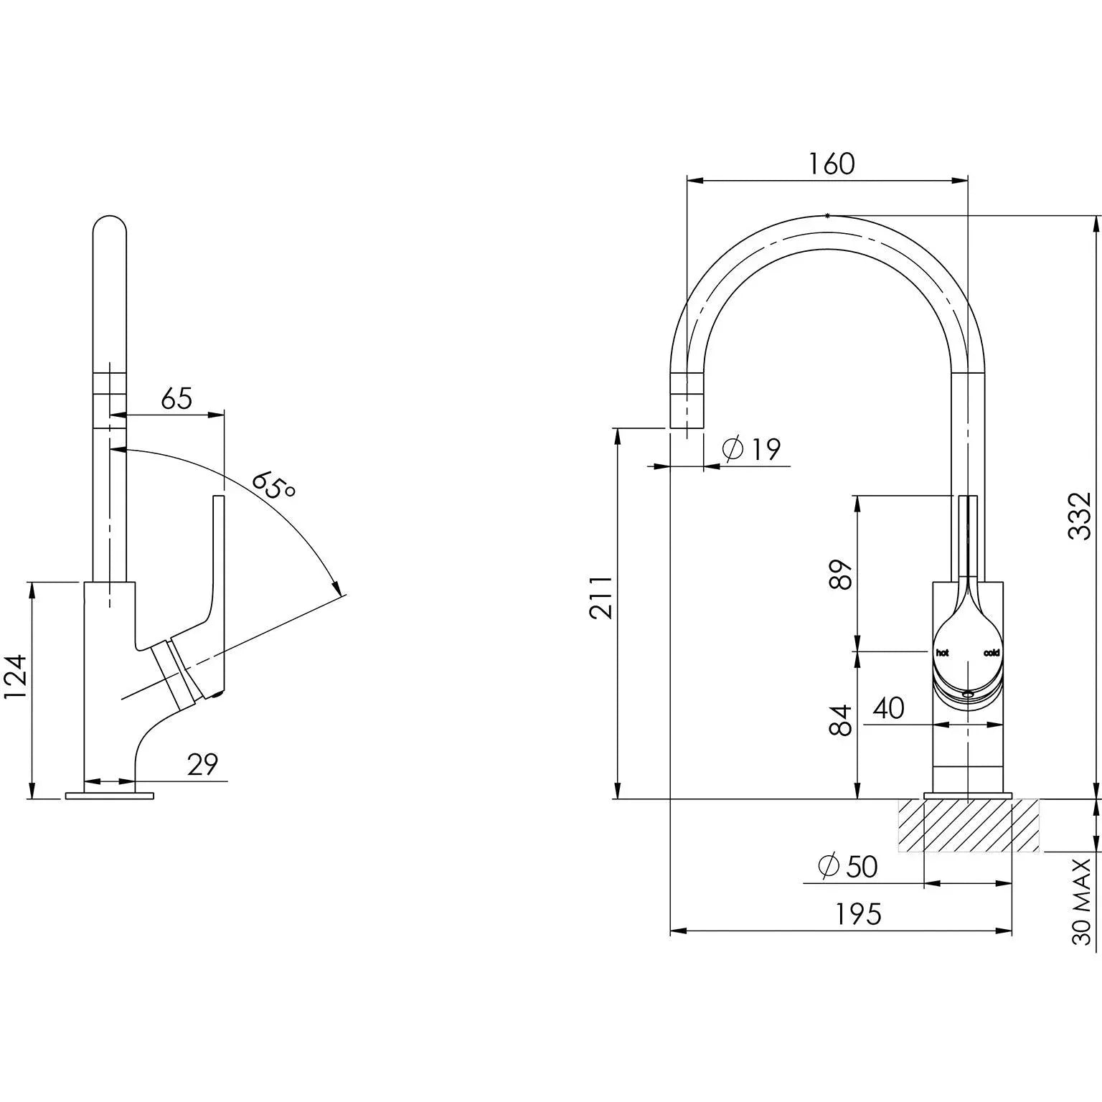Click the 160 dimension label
tap(832, 164)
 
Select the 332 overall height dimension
tap(1079, 514)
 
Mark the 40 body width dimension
tap(888, 709)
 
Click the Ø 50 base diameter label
tap(848, 867)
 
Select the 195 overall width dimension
tap(858, 915)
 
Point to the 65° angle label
tap(273, 485)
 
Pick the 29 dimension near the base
tap(202, 765)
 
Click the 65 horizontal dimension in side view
tap(176, 399)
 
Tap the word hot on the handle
tap(942, 653)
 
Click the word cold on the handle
tap(992, 653)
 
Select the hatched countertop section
tap(968, 825)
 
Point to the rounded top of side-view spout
tap(110, 222)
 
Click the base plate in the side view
tap(109, 796)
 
